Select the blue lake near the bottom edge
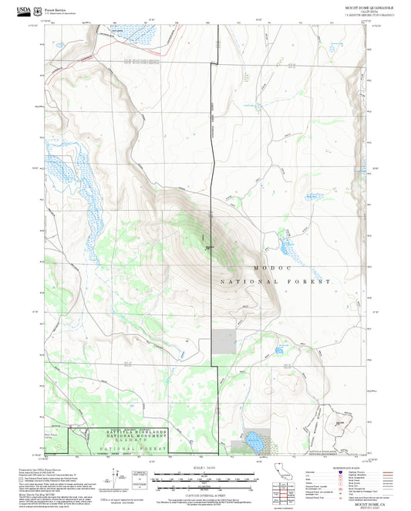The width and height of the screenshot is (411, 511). [x=253, y=443]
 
